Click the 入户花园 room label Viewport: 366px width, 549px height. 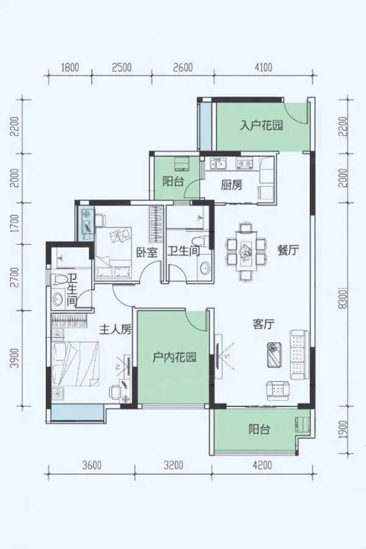click(x=261, y=125)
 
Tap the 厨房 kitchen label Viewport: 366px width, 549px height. click(x=232, y=184)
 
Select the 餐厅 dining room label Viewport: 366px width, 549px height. click(x=288, y=250)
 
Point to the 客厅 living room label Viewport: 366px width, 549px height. click(x=264, y=325)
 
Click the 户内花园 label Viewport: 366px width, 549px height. click(x=174, y=357)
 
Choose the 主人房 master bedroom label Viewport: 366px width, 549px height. click(x=115, y=329)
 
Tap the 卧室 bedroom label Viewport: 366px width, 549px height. click(x=147, y=252)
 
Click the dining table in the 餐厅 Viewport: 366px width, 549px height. click(x=245, y=252)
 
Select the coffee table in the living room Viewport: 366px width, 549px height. click(x=275, y=354)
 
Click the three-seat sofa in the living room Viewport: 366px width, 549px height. click(x=300, y=354)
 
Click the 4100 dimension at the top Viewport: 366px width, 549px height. click(x=263, y=67)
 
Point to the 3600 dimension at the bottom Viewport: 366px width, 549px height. click(x=91, y=465)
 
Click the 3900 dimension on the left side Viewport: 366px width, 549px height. click(x=15, y=359)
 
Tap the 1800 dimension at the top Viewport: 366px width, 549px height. click(x=70, y=67)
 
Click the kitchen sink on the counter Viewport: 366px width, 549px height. click(x=218, y=163)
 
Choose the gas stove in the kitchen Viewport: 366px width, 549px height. click(x=245, y=163)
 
